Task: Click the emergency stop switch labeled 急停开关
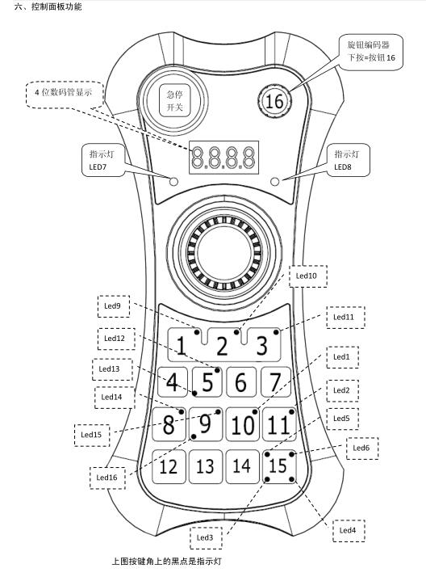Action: pos(174,100)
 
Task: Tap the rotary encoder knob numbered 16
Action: pos(274,101)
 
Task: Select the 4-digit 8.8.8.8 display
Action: pos(223,158)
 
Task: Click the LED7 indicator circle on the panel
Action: pos(173,182)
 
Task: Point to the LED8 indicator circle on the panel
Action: pos(274,182)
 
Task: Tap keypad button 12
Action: pos(169,466)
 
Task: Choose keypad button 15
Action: pos(279,466)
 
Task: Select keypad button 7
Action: pos(276,382)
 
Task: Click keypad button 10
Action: pos(242,424)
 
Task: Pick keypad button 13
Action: pos(206,466)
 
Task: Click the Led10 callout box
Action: pos(308,276)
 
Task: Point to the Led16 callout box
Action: pos(107,478)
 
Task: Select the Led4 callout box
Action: pos(349,531)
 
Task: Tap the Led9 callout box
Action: pos(114,306)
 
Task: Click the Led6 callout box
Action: pos(362,448)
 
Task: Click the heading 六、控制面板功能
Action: pos(48,6)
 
